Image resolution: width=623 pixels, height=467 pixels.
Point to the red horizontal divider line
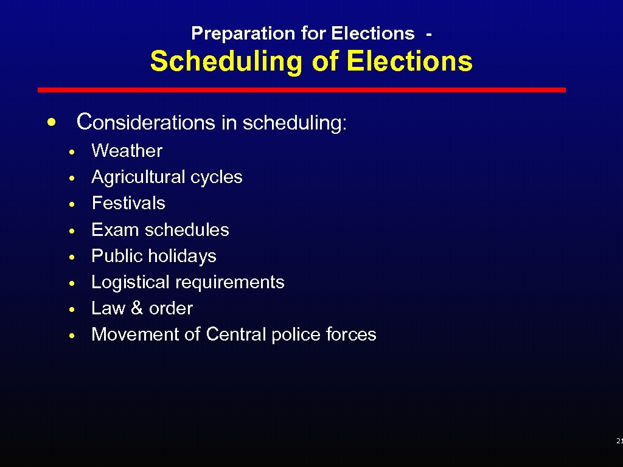pyautogui.click(x=302, y=90)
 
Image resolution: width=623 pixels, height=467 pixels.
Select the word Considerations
pyautogui.click(x=146, y=122)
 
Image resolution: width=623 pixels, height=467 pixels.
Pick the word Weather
pyautogui.click(x=127, y=151)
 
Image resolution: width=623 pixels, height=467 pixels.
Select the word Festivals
pyautogui.click(x=128, y=203)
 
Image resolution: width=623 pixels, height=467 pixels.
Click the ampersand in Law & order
pyautogui.click(x=137, y=308)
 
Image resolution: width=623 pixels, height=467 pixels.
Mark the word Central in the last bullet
pyautogui.click(x=236, y=334)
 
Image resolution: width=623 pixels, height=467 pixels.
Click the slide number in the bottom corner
pyautogui.click(x=619, y=440)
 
